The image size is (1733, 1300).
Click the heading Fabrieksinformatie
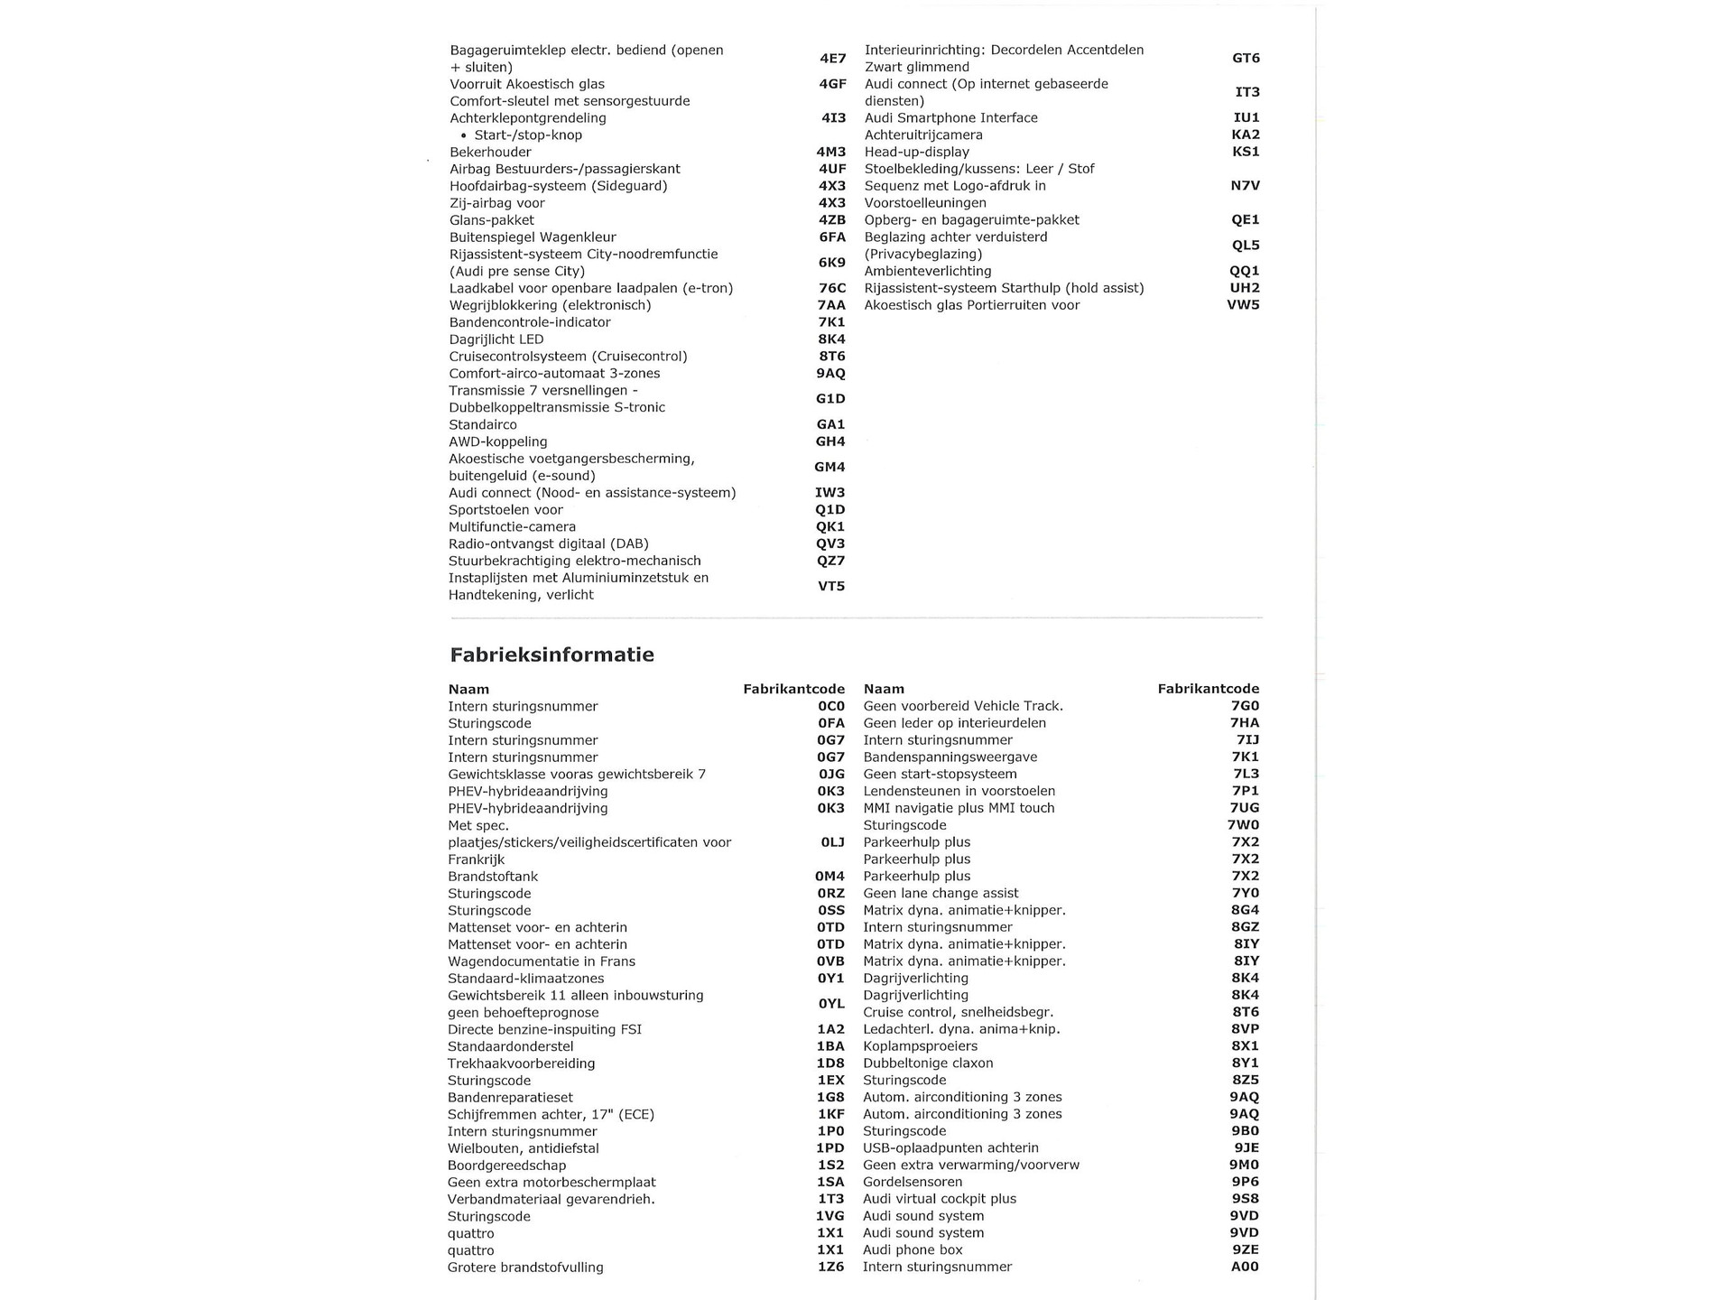[x=551, y=655]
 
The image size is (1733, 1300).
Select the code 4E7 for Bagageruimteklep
[x=832, y=59]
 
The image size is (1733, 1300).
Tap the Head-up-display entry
[x=916, y=152]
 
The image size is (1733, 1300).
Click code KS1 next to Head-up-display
[x=1245, y=152]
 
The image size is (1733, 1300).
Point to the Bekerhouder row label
[x=490, y=152]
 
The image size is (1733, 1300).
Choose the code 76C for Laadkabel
[x=832, y=289]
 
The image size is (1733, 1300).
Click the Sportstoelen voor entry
[x=505, y=510]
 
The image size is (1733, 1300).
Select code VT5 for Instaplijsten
[x=830, y=587]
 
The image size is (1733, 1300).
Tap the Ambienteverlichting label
[x=927, y=271]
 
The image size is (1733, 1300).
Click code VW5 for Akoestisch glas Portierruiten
[x=1243, y=305]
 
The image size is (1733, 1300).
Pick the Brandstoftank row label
[x=493, y=877]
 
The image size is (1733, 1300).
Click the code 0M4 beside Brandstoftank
[x=829, y=877]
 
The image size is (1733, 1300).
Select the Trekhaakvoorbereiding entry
[x=521, y=1063]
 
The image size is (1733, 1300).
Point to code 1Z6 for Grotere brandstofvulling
[x=829, y=1267]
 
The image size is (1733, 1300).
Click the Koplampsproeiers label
[x=920, y=1046]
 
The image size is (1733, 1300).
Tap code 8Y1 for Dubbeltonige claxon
[x=1244, y=1063]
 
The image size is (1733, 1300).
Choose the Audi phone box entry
[x=913, y=1250]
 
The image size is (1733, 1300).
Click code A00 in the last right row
[x=1244, y=1267]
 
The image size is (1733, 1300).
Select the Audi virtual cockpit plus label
[x=939, y=1199]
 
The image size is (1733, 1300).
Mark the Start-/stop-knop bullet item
[x=528, y=135]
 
